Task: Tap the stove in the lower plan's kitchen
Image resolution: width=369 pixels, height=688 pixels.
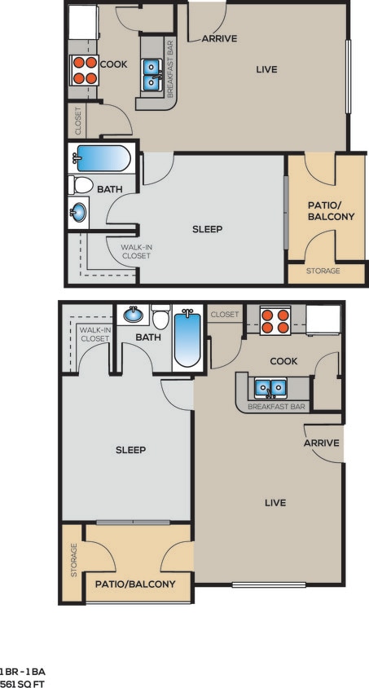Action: [x=275, y=320]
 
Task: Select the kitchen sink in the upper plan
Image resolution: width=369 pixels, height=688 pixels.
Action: [x=152, y=74]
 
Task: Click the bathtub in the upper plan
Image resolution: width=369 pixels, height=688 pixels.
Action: [x=101, y=158]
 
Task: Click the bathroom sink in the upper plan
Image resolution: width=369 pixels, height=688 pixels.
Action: [x=78, y=213]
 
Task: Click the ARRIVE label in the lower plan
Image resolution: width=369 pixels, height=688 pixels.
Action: [x=321, y=443]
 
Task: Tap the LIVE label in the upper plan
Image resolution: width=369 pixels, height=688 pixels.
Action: [x=266, y=69]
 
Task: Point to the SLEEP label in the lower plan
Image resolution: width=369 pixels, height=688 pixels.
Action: [x=130, y=450]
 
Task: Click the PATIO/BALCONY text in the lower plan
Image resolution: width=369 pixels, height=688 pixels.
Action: [x=135, y=584]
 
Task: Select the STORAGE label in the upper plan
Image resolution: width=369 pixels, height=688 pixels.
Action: [x=323, y=271]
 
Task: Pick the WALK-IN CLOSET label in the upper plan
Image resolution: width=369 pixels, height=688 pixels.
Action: [x=136, y=251]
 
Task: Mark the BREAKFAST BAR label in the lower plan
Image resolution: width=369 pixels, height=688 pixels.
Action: [x=276, y=406]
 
